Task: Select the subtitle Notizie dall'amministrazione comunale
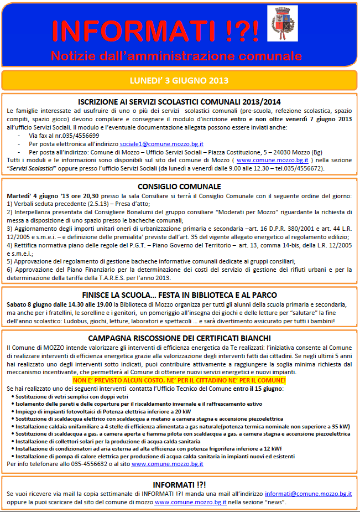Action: point(176,55)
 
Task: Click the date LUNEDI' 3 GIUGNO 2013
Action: point(179,81)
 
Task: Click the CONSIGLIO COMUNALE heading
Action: point(179,187)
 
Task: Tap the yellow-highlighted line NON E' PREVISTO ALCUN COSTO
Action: point(179,381)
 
